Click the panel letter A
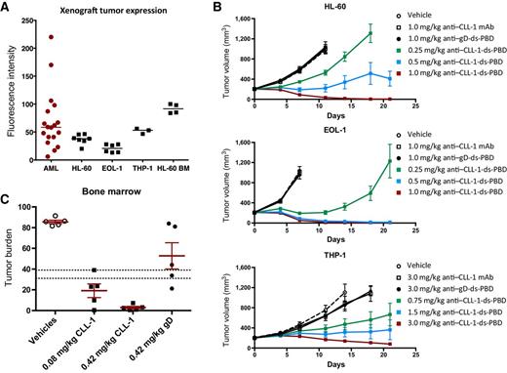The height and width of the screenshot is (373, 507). click(6, 8)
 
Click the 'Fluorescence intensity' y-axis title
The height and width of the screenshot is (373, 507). click(10, 87)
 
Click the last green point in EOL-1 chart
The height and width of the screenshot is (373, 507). click(390, 160)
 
